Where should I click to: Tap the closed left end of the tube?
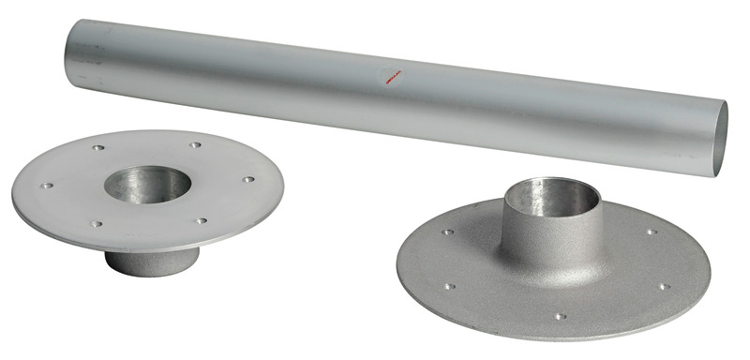(70, 58)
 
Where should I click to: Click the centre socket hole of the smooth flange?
(146, 184)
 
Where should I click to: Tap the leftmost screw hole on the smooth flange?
(47, 186)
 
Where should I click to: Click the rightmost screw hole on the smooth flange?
(248, 179)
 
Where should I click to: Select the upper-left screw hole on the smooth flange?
(98, 147)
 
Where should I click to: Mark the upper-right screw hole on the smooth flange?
(195, 145)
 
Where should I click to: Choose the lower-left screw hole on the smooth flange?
(96, 224)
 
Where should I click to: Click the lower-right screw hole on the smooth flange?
(202, 221)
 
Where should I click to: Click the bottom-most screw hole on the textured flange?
(560, 317)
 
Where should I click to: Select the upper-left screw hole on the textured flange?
(449, 232)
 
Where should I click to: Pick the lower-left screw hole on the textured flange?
(451, 287)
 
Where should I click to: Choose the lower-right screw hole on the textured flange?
(663, 287)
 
